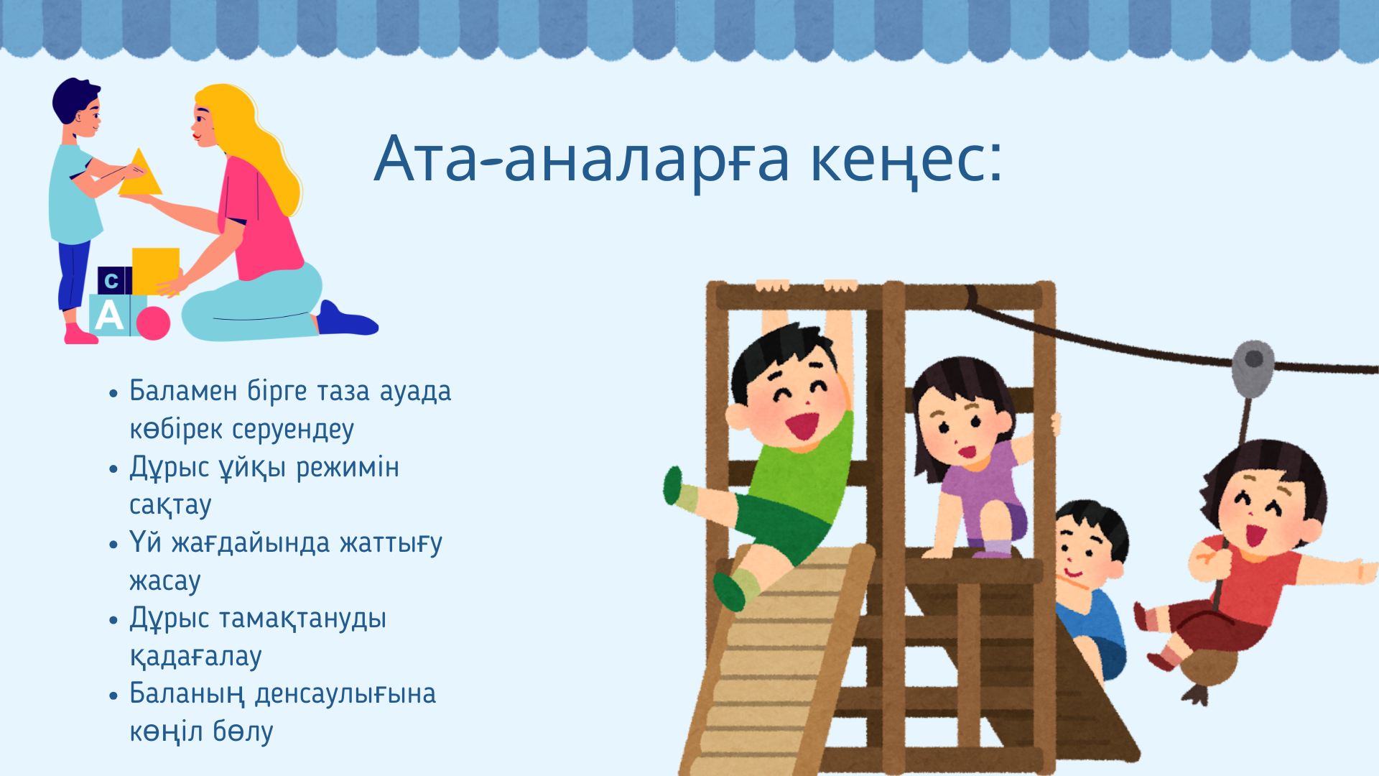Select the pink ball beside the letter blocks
click(x=153, y=323)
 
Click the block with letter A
click(x=109, y=315)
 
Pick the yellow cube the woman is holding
click(x=155, y=271)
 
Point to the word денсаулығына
click(x=345, y=695)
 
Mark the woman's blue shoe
click(x=348, y=320)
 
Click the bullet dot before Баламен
click(x=113, y=394)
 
